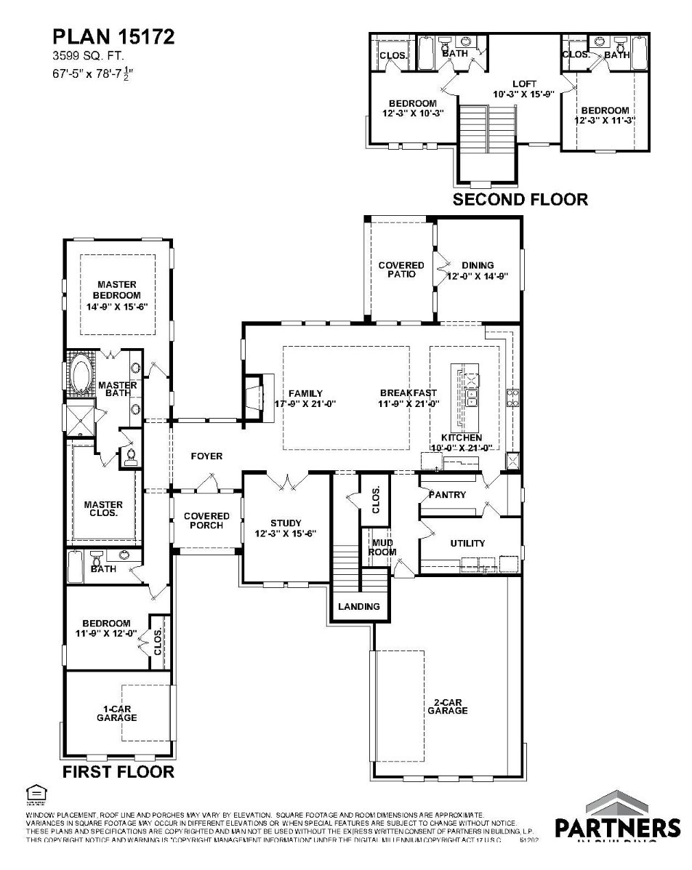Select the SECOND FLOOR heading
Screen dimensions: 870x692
520,199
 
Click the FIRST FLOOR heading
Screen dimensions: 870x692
118,771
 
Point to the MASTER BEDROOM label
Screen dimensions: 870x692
117,295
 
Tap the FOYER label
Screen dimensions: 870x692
206,456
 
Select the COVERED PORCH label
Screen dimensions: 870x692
206,520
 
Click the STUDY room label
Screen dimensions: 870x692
286,527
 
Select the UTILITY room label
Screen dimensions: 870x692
467,543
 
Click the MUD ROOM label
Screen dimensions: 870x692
383,547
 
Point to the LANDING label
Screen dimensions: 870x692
359,606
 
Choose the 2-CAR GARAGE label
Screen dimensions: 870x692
447,706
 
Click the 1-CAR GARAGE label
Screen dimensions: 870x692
117,712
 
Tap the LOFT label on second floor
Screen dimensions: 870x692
524,84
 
